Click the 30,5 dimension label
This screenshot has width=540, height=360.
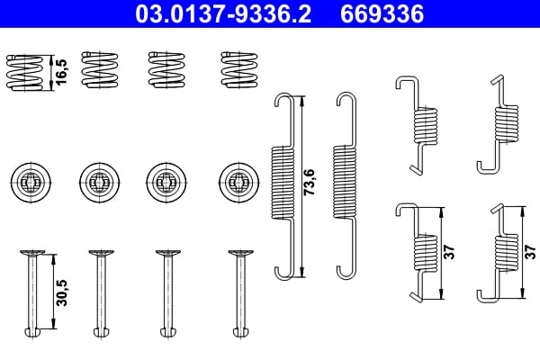pyautogui.click(x=59, y=293)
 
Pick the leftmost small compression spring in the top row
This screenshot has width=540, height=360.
pyautogui.click(x=25, y=70)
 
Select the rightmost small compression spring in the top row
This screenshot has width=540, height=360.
pyautogui.click(x=238, y=69)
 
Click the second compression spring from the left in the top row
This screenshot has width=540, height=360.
pyautogui.click(x=97, y=69)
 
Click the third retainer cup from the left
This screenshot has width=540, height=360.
pyautogui.click(x=166, y=183)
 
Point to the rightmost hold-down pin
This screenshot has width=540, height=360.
pyautogui.click(x=238, y=293)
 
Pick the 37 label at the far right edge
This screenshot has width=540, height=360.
pyautogui.click(x=529, y=252)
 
